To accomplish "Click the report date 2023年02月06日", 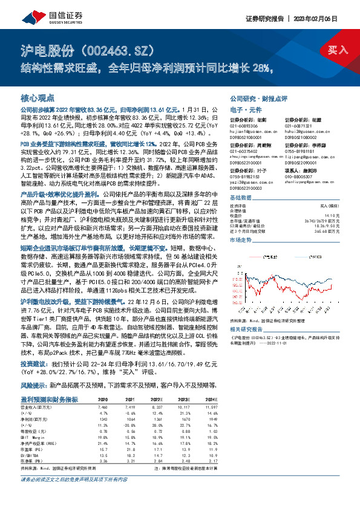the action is coord(324,18).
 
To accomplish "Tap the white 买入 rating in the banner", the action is coord(338,50).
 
